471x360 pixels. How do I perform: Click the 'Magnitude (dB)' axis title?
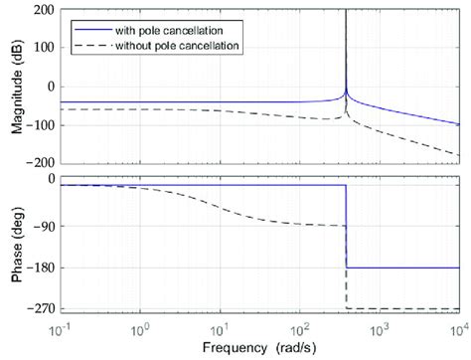[12, 87]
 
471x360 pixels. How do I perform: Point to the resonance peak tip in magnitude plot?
[346, 11]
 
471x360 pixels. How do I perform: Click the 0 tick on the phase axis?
[48, 180]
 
